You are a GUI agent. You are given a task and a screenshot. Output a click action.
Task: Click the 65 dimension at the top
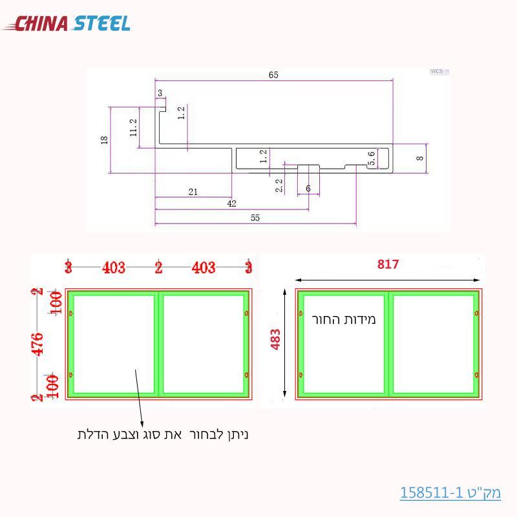click(273, 76)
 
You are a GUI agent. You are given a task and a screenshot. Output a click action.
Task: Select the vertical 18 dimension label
click(105, 140)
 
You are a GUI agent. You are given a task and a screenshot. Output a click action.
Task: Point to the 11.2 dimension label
click(133, 127)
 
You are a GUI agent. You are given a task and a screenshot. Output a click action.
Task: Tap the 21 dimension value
click(193, 191)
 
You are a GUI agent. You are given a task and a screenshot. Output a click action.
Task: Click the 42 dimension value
click(231, 204)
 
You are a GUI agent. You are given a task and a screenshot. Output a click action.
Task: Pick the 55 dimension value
click(255, 218)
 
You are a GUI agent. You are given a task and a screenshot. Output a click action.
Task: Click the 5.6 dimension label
click(372, 159)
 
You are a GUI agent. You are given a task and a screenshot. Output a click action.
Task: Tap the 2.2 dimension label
click(279, 186)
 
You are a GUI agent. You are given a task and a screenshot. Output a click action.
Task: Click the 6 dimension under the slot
click(308, 188)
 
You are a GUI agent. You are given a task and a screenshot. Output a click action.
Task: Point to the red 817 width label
click(388, 264)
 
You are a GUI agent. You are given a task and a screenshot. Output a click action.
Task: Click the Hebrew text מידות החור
click(343, 319)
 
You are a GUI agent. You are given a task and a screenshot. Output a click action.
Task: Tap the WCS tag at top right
click(438, 71)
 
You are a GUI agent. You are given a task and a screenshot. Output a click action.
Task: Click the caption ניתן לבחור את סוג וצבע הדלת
click(163, 435)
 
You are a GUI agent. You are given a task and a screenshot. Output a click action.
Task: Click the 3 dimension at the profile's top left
click(160, 93)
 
